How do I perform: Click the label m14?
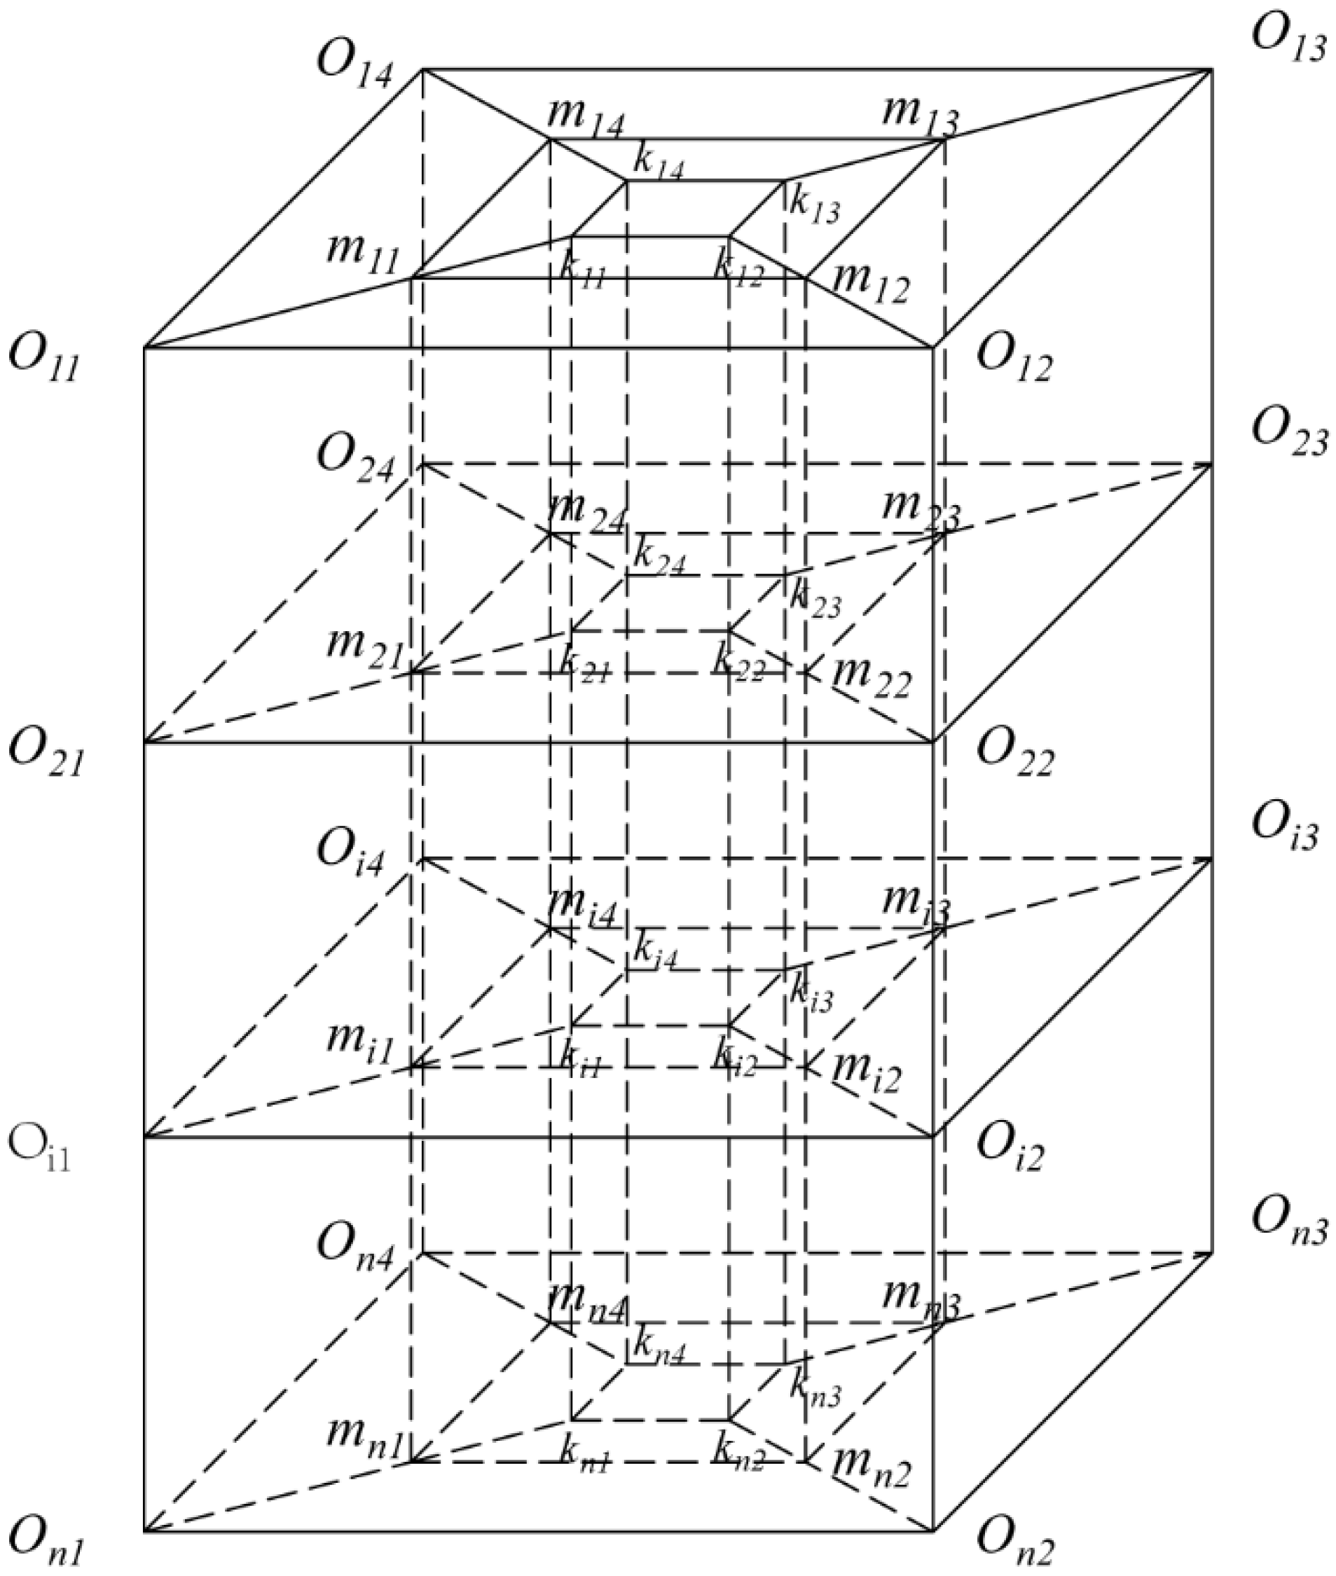tap(586, 118)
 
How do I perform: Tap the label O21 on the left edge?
tap(45, 753)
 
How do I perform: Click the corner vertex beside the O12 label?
tap(933, 347)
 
